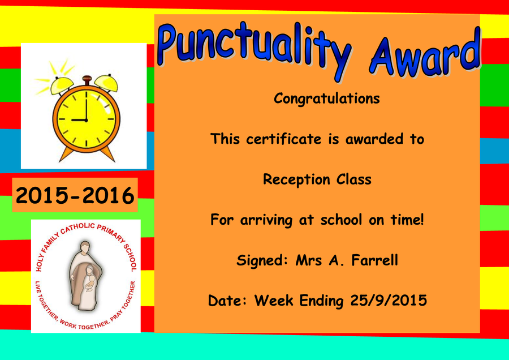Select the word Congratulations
click(x=326, y=98)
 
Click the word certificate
click(x=284, y=139)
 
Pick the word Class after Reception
click(x=354, y=179)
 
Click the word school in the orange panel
click(x=341, y=220)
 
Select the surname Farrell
click(x=375, y=260)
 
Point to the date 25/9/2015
click(x=389, y=301)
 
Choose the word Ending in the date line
click(x=321, y=301)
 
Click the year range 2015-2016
click(x=75, y=196)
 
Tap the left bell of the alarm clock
click(x=62, y=85)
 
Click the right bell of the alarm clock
click(x=106, y=83)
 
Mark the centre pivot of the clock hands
click(x=87, y=121)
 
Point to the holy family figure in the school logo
click(x=85, y=276)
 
